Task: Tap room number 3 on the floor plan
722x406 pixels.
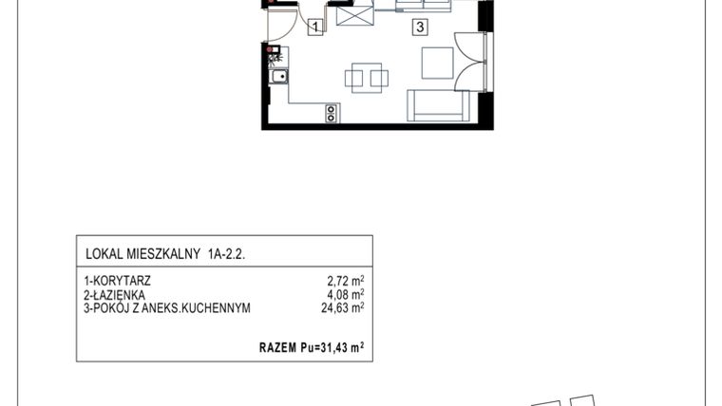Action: coord(419,28)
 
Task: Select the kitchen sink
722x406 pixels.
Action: coord(279,79)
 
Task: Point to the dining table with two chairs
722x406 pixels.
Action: coord(366,77)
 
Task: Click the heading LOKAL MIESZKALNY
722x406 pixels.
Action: coord(142,253)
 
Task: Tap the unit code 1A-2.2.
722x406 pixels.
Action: coord(232,253)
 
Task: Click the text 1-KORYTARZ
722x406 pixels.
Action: coord(118,282)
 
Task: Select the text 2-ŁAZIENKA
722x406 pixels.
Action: coord(116,294)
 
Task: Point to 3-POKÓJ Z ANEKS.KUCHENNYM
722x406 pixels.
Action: coord(168,306)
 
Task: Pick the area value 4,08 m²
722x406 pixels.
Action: coord(346,294)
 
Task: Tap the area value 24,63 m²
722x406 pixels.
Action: coord(343,306)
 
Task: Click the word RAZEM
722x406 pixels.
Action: coord(279,348)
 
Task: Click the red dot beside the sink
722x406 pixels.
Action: coord(273,49)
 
